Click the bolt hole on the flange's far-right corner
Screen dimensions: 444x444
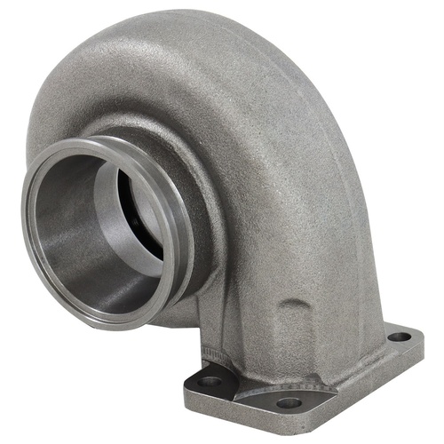(399, 337)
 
